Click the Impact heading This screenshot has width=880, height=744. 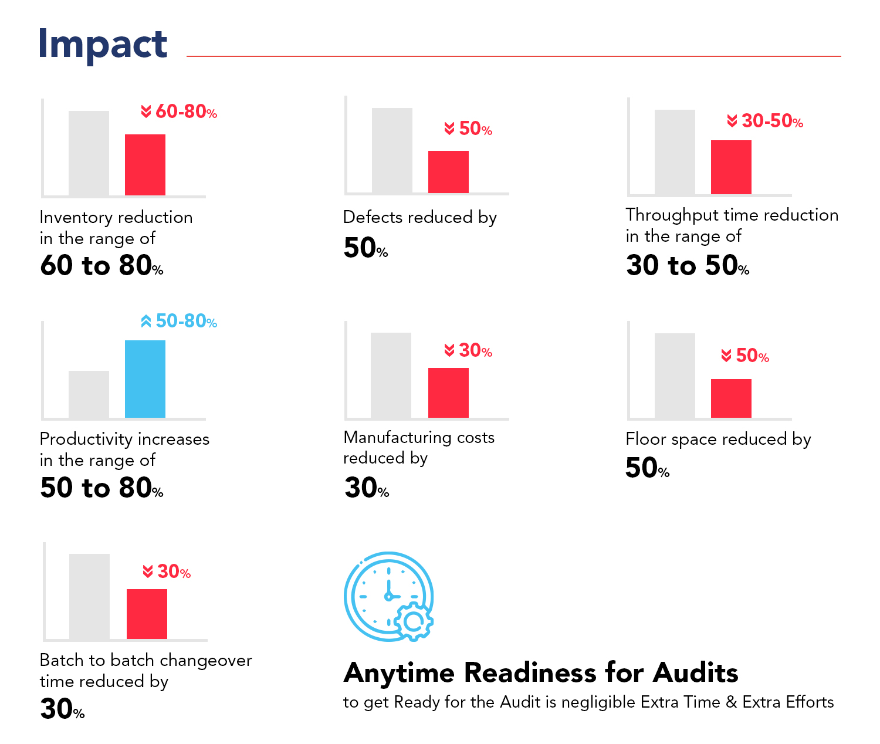(103, 45)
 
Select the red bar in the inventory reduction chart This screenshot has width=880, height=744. (145, 165)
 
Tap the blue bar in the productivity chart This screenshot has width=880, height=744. (145, 379)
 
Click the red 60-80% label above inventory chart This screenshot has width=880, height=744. (180, 111)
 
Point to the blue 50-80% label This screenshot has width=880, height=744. (180, 321)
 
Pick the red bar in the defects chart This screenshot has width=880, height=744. (448, 172)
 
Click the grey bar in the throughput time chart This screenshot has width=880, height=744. (675, 152)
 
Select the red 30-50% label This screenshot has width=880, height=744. (766, 121)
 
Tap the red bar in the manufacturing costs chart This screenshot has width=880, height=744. (448, 393)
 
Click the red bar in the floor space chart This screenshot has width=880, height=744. (731, 398)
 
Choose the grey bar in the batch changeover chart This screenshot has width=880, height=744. (89, 597)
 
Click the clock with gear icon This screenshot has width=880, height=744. (388, 597)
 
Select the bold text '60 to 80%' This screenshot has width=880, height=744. (101, 265)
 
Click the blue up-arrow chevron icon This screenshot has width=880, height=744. (146, 321)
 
